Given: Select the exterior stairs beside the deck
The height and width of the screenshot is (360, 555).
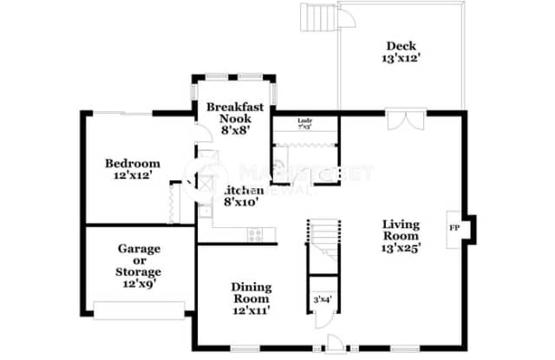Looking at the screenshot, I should point(317,17).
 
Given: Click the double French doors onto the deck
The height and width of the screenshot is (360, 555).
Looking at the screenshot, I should point(400,120).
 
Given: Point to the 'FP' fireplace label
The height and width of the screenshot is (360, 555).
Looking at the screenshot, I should point(454,228).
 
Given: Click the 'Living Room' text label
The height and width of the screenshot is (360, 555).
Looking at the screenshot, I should point(402,229).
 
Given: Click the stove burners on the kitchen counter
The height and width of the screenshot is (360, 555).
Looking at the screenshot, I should point(255,232).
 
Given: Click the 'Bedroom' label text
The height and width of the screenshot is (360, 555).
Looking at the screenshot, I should point(133,163).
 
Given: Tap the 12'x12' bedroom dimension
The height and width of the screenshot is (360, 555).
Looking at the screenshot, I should point(133,175).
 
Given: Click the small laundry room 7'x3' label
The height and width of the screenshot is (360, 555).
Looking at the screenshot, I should point(304,122).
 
